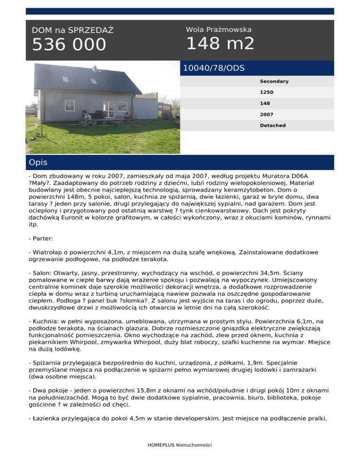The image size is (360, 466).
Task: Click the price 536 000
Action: click(x=69, y=45)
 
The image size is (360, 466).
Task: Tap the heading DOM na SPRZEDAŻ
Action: click(x=73, y=30)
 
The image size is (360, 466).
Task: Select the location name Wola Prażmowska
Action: click(x=218, y=30)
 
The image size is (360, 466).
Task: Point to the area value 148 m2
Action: click(x=220, y=44)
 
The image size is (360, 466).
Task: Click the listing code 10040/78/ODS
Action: click(x=214, y=68)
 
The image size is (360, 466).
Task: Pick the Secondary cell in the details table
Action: click(x=274, y=82)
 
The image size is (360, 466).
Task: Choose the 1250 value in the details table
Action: click(x=267, y=92)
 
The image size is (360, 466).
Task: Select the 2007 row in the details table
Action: click(x=267, y=114)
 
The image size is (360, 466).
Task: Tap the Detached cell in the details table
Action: click(x=273, y=126)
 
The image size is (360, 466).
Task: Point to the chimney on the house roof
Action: click(x=95, y=69)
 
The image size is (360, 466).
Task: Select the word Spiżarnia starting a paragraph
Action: click(x=47, y=362)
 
